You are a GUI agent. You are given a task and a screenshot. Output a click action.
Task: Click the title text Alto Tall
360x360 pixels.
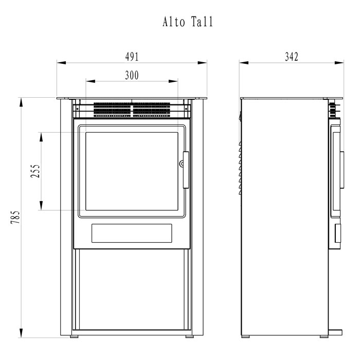click(x=188, y=22)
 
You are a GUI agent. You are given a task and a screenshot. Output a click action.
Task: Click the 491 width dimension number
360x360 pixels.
click(x=132, y=57)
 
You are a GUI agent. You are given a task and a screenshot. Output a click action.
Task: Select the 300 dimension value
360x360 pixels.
click(x=132, y=75)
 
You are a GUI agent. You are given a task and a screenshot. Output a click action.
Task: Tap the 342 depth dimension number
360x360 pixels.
click(x=292, y=57)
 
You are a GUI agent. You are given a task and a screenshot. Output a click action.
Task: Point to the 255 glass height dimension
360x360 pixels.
click(x=35, y=171)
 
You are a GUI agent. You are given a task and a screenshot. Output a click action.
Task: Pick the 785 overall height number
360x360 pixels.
click(x=15, y=217)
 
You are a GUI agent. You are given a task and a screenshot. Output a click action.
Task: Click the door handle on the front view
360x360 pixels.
click(x=186, y=170)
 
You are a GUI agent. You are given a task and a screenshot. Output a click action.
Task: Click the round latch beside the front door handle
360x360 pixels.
click(x=182, y=164)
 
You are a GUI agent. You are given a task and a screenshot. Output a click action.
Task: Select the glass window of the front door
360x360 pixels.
click(x=132, y=171)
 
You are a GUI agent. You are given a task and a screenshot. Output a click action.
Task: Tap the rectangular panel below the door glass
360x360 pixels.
click(x=132, y=233)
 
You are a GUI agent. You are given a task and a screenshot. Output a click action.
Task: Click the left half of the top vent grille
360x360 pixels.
click(x=112, y=110)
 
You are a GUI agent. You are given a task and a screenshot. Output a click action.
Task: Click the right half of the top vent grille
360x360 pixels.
click(x=152, y=110)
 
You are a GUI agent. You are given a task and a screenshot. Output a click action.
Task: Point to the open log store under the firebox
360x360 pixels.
click(x=132, y=289)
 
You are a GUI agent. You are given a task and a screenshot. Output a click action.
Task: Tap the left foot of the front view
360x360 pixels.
click(x=74, y=336)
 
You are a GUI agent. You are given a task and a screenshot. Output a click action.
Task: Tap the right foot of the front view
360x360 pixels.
click(x=190, y=336)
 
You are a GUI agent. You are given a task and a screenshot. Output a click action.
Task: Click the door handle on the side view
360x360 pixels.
click(x=342, y=170)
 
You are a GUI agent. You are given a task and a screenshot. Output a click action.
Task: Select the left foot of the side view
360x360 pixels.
click(x=245, y=336)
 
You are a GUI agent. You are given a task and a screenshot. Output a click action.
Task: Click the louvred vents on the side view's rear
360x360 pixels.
click(x=240, y=168)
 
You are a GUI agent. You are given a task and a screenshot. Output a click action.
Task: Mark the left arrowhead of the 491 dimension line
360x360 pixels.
click(x=62, y=63)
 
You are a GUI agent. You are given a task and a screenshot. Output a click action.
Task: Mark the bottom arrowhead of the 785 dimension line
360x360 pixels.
click(x=21, y=333)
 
